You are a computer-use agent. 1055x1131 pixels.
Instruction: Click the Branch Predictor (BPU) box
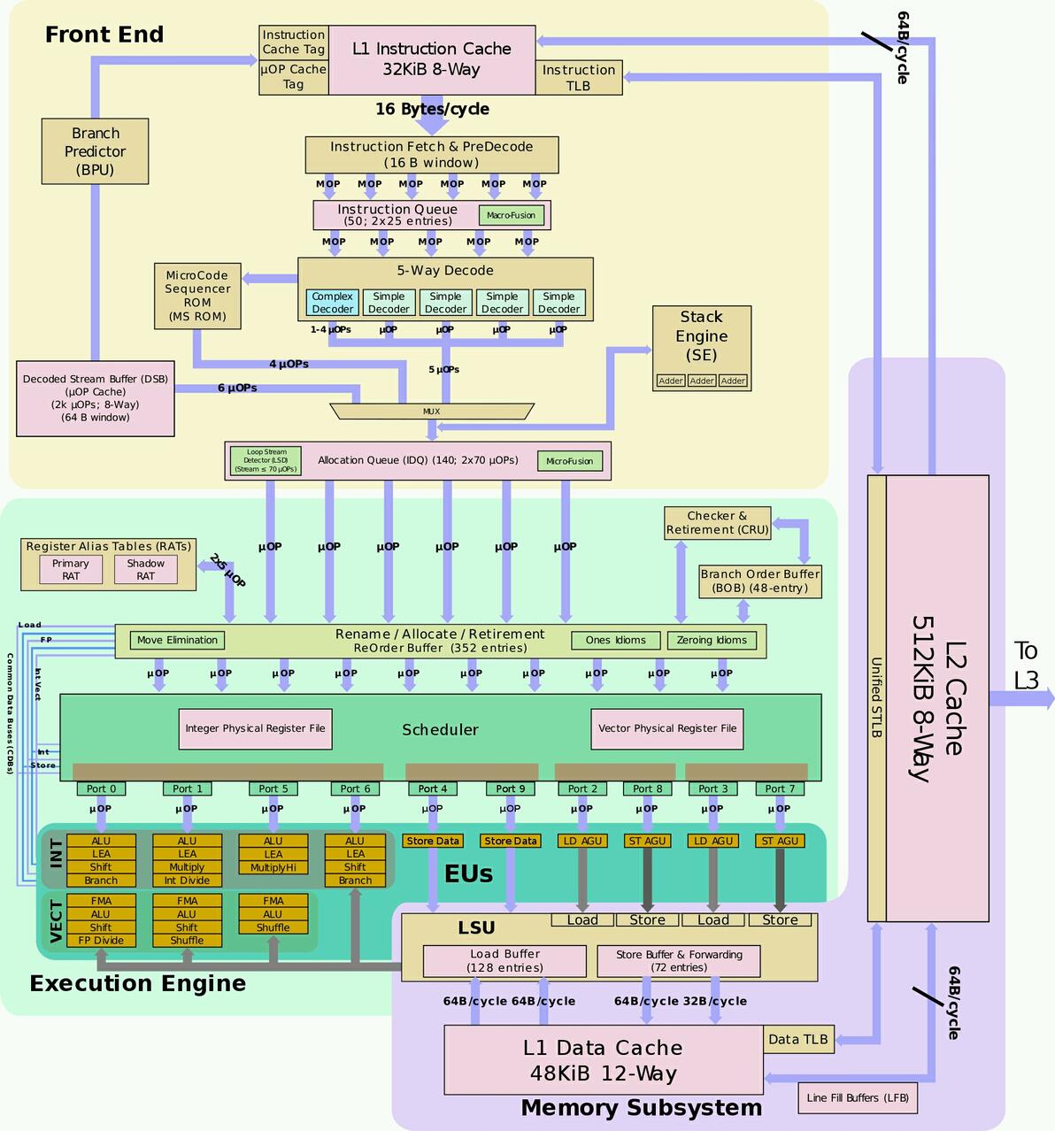[95, 151]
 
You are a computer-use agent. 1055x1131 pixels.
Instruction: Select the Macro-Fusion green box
[511, 215]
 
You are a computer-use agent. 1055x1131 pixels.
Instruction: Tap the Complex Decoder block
[333, 303]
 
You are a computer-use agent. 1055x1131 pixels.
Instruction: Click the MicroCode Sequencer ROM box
[197, 296]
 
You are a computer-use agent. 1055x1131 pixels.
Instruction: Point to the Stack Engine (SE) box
[701, 336]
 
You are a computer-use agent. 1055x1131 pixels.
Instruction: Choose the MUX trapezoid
[431, 412]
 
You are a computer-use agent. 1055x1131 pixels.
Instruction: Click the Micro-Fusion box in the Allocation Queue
[569, 461]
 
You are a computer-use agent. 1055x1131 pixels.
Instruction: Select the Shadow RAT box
[145, 569]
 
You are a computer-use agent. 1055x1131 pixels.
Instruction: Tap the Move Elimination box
[177, 640]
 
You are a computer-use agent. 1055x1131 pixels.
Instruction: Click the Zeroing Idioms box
[712, 640]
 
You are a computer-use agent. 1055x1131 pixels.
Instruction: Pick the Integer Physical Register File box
[255, 728]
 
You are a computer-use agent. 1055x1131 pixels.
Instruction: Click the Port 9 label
[510, 789]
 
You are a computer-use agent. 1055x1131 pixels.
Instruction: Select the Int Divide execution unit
[187, 881]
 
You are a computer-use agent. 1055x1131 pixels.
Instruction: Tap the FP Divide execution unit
[101, 941]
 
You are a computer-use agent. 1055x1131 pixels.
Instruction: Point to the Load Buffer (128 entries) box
[504, 961]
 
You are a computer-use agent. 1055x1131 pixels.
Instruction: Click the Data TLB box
[797, 1039]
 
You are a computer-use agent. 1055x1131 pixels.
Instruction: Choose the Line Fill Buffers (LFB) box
[857, 1098]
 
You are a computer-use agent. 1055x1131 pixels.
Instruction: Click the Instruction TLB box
[579, 78]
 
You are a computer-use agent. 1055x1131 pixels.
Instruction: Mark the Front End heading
[104, 35]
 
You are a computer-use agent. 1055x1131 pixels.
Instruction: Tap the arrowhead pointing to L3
[1049, 698]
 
